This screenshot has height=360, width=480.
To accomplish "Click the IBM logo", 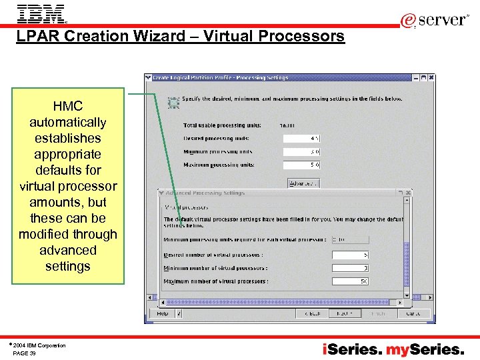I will pyautogui.click(x=41, y=13).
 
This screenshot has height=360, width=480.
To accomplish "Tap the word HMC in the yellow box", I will pyautogui.click(x=67, y=107).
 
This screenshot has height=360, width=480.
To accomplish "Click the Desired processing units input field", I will pyautogui.click(x=301, y=139).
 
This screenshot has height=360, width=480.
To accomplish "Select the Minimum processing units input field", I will pyautogui.click(x=301, y=152).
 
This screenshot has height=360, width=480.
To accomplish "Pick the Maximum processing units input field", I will pyautogui.click(x=301, y=165).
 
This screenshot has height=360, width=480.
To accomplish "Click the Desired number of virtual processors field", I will pyautogui.click(x=350, y=255).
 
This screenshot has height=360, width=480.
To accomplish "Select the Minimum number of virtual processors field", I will pyautogui.click(x=350, y=268).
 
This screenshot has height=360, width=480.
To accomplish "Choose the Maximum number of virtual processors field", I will pyautogui.click(x=350, y=281).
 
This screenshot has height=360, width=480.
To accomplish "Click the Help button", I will pyautogui.click(x=163, y=313).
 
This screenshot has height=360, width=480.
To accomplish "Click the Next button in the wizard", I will pyautogui.click(x=345, y=313).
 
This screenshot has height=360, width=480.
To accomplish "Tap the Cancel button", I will pyautogui.click(x=413, y=313).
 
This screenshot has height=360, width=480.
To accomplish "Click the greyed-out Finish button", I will pyautogui.click(x=378, y=313).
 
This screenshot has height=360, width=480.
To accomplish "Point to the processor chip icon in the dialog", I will pyautogui.click(x=173, y=102).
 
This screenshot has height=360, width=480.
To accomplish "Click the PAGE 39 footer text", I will pyautogui.click(x=25, y=353).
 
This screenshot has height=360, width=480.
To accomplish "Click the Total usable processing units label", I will pyautogui.click(x=222, y=125).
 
